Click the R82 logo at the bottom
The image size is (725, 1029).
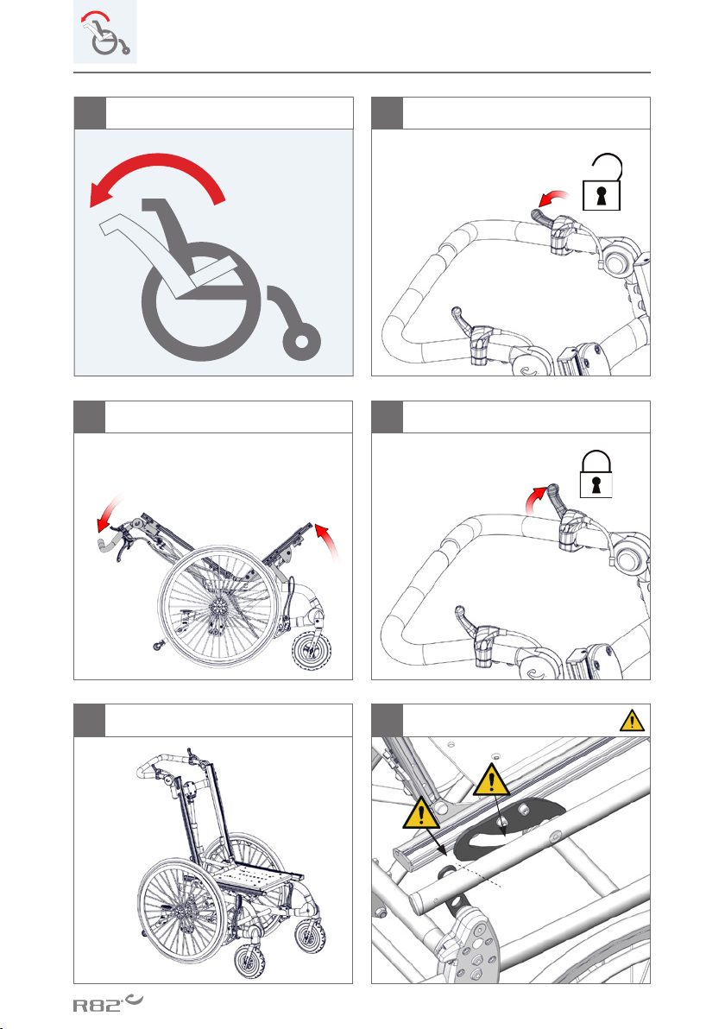coord(108,1003)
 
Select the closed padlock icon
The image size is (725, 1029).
coord(596,473)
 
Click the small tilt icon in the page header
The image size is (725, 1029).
coord(105,32)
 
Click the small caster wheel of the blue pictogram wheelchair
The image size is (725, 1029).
coord(301,341)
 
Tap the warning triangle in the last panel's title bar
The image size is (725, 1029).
coord(632,721)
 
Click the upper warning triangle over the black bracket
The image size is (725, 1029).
coord(491,780)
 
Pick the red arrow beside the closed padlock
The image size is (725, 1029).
coord(535,497)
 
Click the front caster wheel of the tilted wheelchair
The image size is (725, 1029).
coord(311,652)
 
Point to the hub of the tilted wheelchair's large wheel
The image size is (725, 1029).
coord(217,607)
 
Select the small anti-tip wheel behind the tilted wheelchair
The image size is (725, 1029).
coord(157,647)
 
